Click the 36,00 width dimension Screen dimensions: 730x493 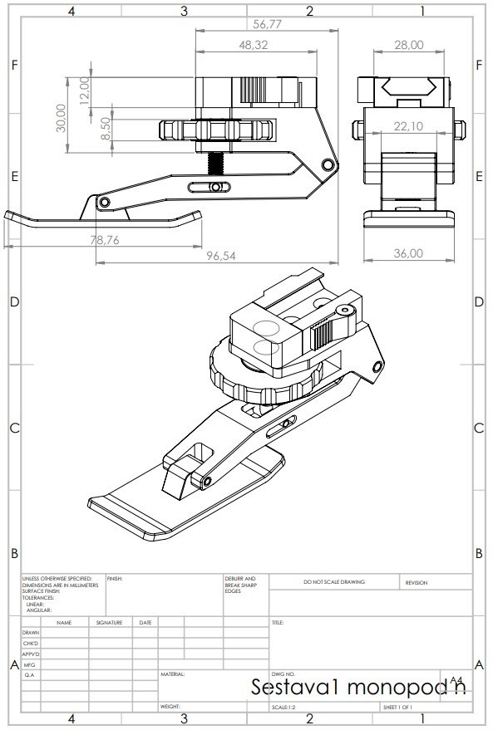(x=407, y=253)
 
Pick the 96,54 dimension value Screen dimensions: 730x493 (x=220, y=257)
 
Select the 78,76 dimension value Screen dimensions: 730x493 (x=106, y=240)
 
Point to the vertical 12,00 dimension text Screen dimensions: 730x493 (x=84, y=89)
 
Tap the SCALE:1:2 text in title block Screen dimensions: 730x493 (x=285, y=708)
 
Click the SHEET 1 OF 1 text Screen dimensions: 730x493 (x=402, y=708)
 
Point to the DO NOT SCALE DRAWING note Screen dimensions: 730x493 (x=335, y=582)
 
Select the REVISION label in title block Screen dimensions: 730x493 (x=417, y=583)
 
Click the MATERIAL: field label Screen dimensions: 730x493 (x=172, y=674)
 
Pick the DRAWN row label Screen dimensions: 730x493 (x=31, y=633)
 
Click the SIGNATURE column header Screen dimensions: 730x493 (x=108, y=622)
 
